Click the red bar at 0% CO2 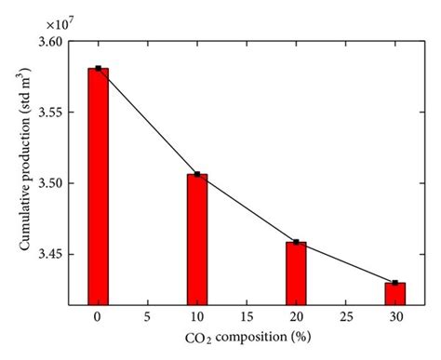[98, 186]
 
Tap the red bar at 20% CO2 [297, 273]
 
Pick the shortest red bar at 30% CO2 [395, 293]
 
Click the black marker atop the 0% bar [98, 68]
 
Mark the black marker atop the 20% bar [297, 242]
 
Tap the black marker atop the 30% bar [395, 282]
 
